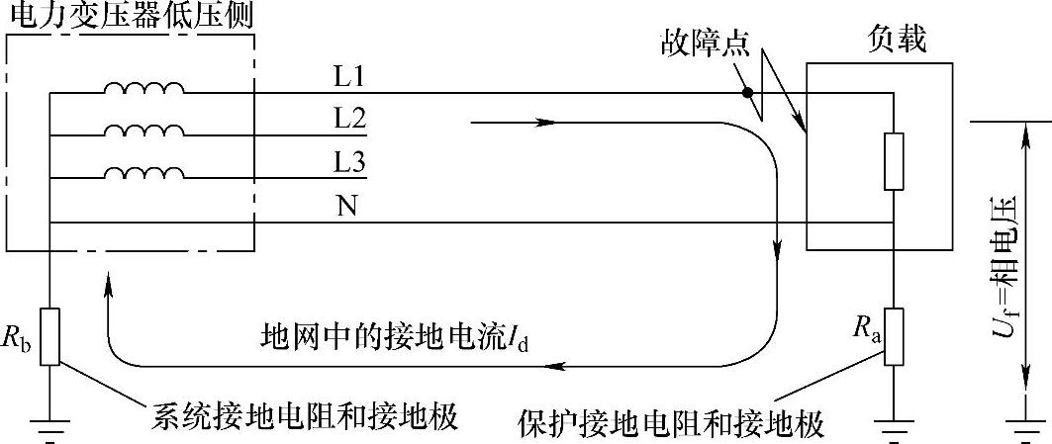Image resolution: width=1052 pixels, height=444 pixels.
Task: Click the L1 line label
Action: [x=350, y=75]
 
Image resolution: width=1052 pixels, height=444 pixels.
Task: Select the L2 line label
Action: [x=350, y=118]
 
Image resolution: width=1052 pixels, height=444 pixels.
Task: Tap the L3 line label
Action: [x=350, y=161]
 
